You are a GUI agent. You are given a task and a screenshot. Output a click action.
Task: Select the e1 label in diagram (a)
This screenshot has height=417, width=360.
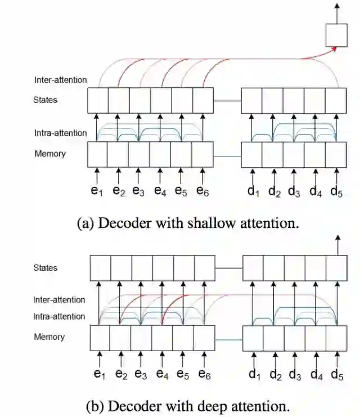97,191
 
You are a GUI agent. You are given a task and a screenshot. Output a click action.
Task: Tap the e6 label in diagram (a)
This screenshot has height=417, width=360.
203,191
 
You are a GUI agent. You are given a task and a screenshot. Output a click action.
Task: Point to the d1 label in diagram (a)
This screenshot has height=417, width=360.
254,191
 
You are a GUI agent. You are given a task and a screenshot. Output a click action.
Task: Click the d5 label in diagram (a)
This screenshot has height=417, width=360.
336,191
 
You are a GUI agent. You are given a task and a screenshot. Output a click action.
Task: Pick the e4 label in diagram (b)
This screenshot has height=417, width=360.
163,373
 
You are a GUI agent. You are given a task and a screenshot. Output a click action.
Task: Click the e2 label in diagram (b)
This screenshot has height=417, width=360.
120,373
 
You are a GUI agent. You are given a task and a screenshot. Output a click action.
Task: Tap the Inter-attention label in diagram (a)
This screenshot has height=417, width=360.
61,80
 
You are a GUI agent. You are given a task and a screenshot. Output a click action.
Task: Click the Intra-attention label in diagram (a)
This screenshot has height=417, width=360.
61,133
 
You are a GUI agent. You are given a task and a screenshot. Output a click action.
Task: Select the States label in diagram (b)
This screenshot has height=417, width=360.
45,268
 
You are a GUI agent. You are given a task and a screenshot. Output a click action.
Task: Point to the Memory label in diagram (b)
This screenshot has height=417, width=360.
49,337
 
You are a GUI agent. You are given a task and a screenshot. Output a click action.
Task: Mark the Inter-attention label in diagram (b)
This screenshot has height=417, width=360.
59,300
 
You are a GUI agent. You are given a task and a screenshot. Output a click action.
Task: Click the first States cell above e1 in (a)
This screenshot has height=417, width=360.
98,101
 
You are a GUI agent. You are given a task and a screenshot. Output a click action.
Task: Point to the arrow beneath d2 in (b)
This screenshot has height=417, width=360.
275,358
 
